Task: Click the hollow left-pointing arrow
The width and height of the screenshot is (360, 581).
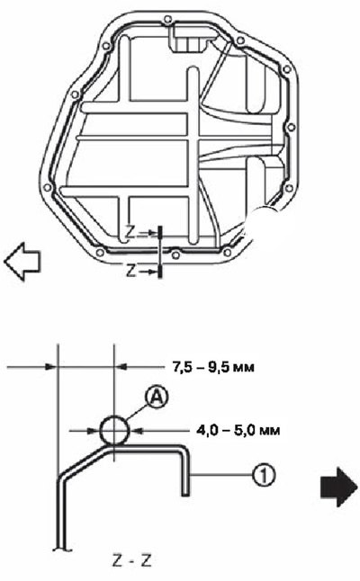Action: [x=22, y=261]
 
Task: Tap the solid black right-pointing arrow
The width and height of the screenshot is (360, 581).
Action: [x=338, y=487]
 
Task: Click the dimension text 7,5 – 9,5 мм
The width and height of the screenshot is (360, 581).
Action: [x=213, y=367]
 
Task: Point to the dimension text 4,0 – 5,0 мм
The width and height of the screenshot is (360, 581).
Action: [x=238, y=431]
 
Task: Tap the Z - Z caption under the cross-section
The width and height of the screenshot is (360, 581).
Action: [x=132, y=561]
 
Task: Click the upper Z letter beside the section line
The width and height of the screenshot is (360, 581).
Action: [x=130, y=233]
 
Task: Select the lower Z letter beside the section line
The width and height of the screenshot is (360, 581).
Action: [x=130, y=271]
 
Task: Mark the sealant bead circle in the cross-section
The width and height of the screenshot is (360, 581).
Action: [x=115, y=430]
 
